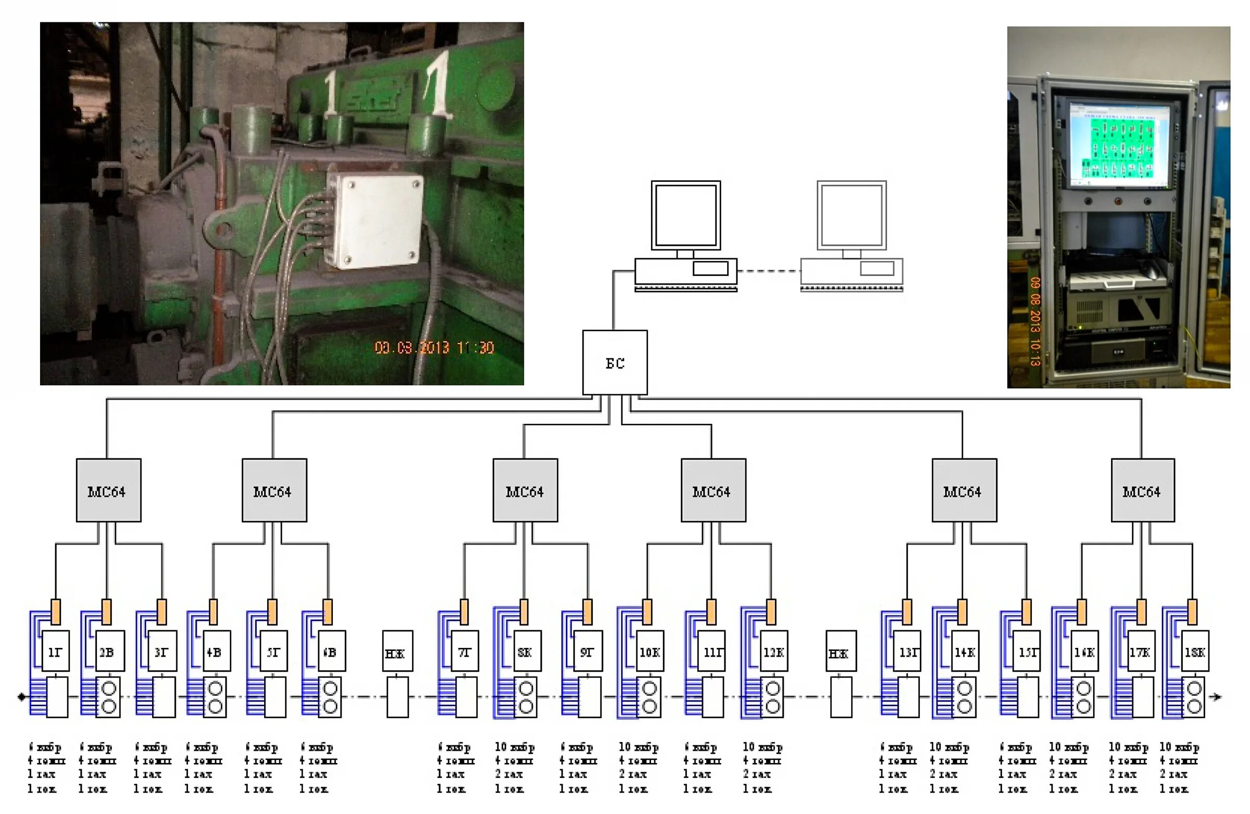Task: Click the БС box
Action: (x=615, y=362)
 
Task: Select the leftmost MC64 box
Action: (x=108, y=490)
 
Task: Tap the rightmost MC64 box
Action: (x=1142, y=490)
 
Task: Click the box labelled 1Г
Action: (x=55, y=650)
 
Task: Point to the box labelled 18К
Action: (x=1194, y=650)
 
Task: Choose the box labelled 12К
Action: (x=773, y=650)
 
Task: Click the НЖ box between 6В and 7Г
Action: (x=397, y=651)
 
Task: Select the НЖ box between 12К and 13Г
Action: (x=840, y=651)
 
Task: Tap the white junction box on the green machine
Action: (x=374, y=221)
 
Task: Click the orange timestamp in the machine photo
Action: (x=434, y=348)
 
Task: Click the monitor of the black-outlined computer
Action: (x=685, y=215)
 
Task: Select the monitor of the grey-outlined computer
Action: (x=852, y=215)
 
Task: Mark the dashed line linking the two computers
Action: (x=768, y=271)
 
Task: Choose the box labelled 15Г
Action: (x=1028, y=650)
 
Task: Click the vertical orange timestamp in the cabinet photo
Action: (x=1035, y=321)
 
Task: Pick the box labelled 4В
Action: (x=215, y=650)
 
